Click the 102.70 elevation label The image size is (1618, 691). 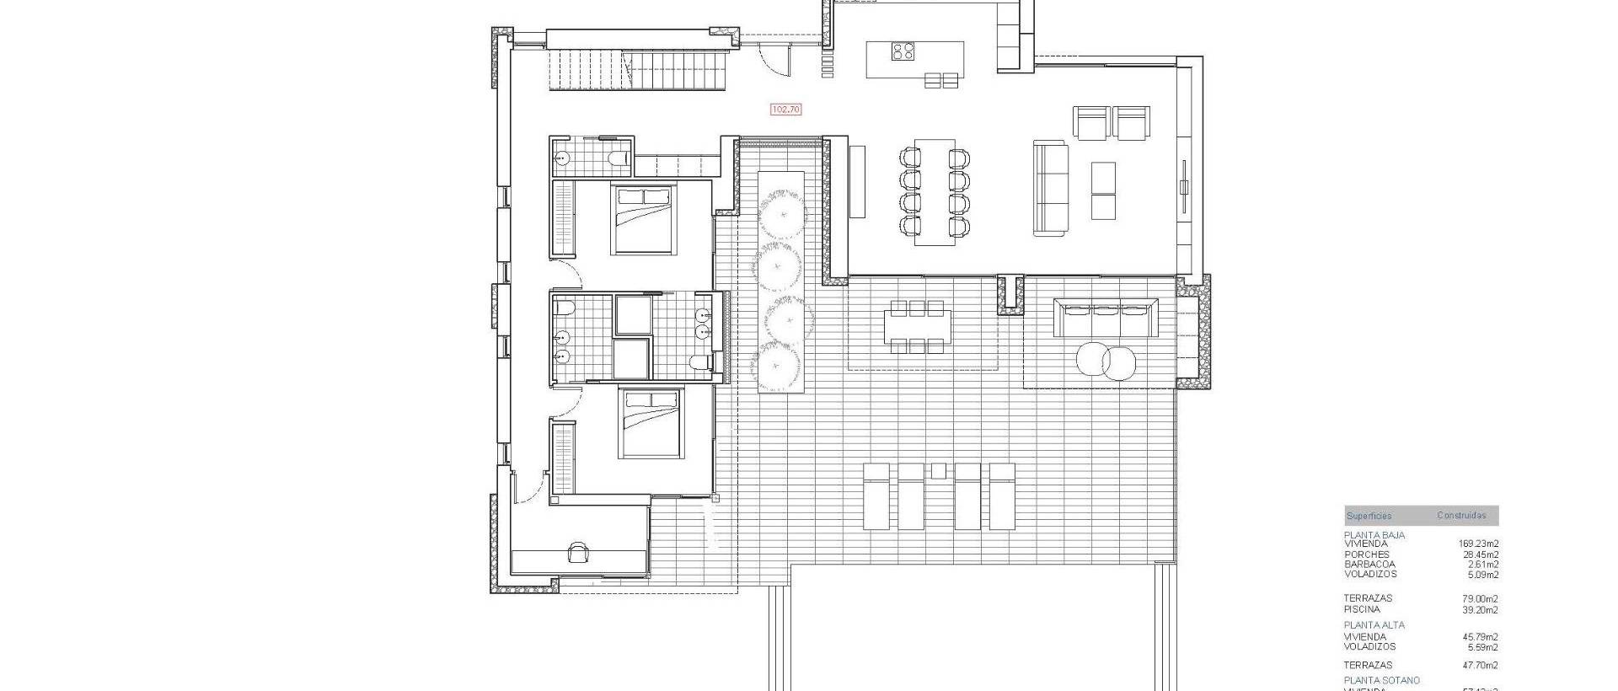(785, 110)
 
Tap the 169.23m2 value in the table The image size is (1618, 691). (1478, 544)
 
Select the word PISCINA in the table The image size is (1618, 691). (1362, 609)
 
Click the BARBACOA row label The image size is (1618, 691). (1369, 565)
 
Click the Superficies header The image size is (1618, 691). (1369, 516)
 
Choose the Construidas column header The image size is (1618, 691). (1461, 516)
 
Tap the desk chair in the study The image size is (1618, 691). (578, 552)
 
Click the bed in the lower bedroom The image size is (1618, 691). (651, 422)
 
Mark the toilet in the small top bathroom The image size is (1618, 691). (618, 158)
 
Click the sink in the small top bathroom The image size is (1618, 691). (563, 158)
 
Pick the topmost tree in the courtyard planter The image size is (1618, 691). (780, 213)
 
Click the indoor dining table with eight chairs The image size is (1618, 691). (935, 192)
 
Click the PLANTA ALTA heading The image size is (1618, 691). (1374, 625)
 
